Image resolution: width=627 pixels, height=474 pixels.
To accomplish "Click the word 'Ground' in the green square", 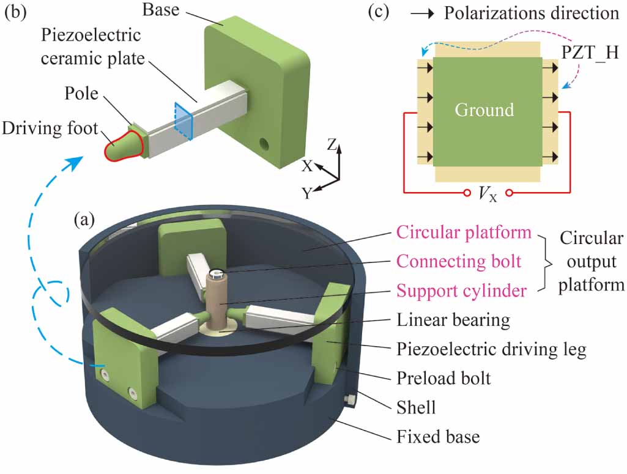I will pos(484,110).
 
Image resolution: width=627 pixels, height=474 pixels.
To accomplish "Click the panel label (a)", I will pos(84,218).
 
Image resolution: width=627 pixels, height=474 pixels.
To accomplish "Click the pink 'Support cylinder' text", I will pos(461,291).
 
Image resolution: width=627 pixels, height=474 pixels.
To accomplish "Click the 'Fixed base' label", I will pos(438,436).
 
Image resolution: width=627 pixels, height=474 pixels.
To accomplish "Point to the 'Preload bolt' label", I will pos(443,378).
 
